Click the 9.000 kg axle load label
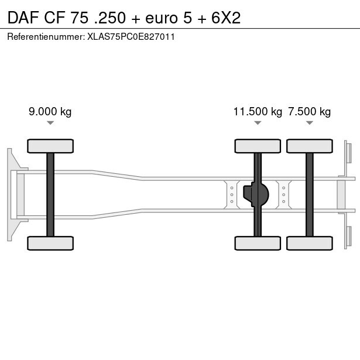click(50, 112)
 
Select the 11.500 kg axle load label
click(258, 112)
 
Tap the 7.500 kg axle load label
click(310, 112)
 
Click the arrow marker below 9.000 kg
click(50, 123)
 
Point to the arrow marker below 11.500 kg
click(258, 123)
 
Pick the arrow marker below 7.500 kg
click(310, 123)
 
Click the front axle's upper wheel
click(50, 146)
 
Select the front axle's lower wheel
click(50, 243)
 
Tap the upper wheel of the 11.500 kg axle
click(258, 146)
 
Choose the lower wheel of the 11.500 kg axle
click(258, 243)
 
